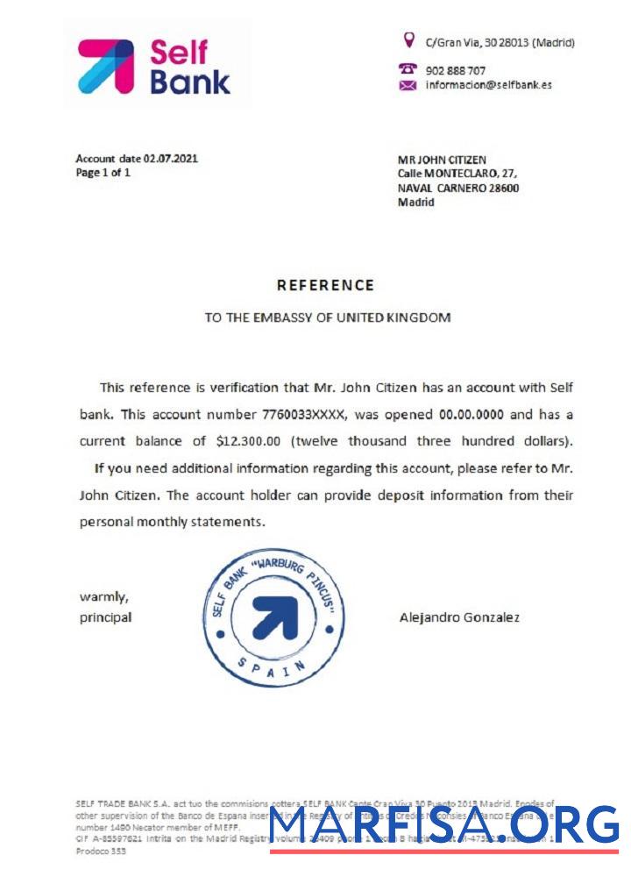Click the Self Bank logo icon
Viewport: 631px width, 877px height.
[x=106, y=66]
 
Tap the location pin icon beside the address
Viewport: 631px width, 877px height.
[x=408, y=39]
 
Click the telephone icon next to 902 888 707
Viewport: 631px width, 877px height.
[x=408, y=68]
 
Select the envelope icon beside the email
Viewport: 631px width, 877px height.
[x=408, y=85]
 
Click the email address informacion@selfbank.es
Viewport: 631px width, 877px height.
[x=488, y=85]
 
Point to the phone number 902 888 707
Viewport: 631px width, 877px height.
[x=455, y=70]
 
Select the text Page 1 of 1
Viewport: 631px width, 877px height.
[x=103, y=173]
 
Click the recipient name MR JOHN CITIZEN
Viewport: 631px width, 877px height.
[x=442, y=160]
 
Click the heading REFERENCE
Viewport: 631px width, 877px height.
[x=325, y=285]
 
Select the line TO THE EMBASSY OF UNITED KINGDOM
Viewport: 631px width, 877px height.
[x=328, y=317]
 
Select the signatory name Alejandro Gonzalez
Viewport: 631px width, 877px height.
[x=459, y=617]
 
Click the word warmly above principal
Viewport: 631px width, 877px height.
[x=104, y=597]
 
